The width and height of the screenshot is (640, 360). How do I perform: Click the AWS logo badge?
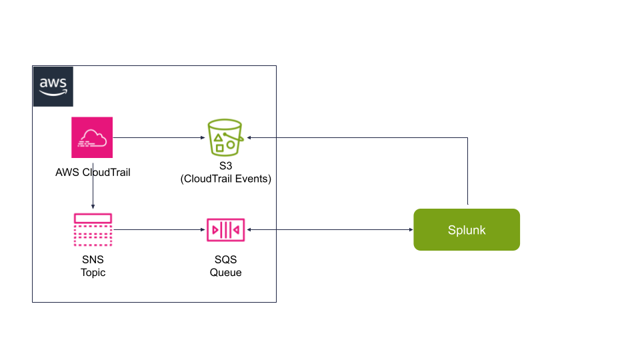click(53, 86)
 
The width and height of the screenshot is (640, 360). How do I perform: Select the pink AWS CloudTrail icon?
click(92, 137)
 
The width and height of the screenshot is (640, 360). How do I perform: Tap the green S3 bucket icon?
click(226, 137)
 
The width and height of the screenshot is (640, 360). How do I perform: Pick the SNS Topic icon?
click(92, 230)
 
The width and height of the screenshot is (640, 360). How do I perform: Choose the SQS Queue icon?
click(226, 230)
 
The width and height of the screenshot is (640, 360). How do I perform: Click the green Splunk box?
click(467, 230)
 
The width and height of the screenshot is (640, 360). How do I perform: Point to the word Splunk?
click(467, 230)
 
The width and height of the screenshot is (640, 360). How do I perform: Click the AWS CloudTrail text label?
click(93, 172)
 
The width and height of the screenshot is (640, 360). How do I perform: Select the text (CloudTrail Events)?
click(226, 179)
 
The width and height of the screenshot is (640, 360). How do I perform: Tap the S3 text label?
click(226, 167)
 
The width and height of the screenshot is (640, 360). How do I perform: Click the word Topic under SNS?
click(93, 272)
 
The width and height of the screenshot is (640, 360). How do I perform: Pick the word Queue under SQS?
click(226, 272)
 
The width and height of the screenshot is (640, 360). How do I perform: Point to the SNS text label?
click(93, 260)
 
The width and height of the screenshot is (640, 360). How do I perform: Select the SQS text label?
click(226, 260)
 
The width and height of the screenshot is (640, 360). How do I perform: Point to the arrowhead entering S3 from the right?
click(249, 138)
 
